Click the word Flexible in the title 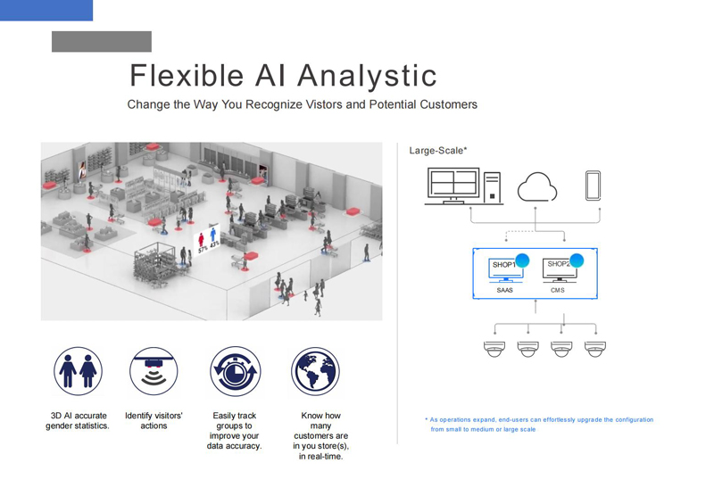[x=187, y=75]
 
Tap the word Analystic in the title [x=368, y=77]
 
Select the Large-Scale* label [x=438, y=150]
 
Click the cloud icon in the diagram [x=537, y=186]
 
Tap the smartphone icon [x=593, y=186]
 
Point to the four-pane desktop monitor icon [x=453, y=186]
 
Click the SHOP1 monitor [x=505, y=269]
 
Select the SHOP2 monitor [x=560, y=269]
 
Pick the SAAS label [x=504, y=290]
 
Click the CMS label [x=558, y=290]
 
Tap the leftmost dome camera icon [x=494, y=349]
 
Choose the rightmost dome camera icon [x=595, y=349]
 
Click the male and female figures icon [x=78, y=371]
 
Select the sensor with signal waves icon [x=154, y=371]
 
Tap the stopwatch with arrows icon [x=235, y=371]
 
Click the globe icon [x=316, y=371]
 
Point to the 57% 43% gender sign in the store [x=208, y=240]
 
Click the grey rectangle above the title [x=102, y=41]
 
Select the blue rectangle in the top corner [x=46, y=10]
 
